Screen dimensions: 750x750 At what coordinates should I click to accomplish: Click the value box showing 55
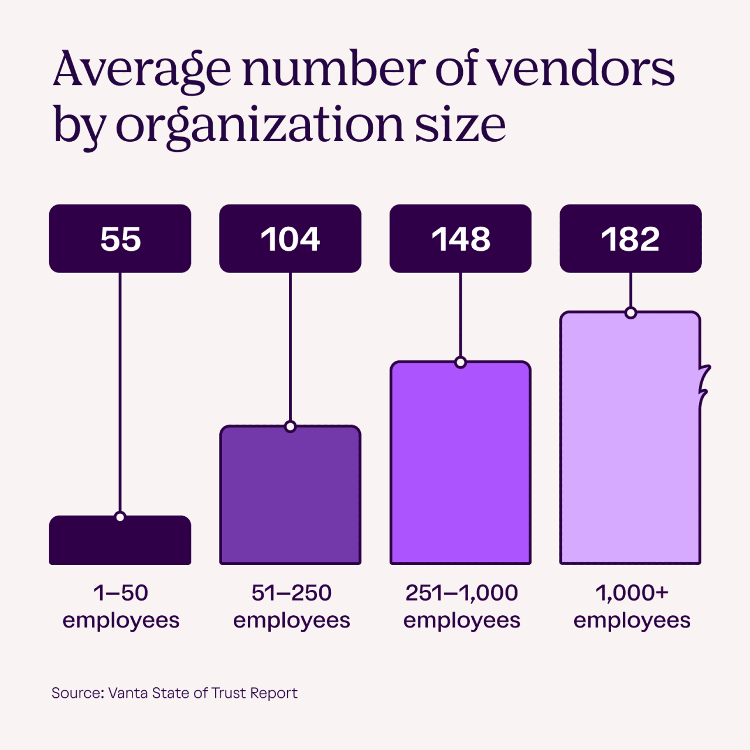[x=120, y=238]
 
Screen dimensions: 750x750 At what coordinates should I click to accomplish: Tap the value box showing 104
[x=290, y=238]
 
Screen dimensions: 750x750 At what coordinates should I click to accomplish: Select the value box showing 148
[x=461, y=238]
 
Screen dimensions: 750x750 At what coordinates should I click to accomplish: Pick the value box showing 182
[x=630, y=238]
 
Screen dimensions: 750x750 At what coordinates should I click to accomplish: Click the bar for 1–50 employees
[x=120, y=542]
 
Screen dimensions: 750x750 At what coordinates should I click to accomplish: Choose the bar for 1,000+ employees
[x=630, y=439]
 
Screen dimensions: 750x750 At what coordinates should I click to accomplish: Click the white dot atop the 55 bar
[x=120, y=517]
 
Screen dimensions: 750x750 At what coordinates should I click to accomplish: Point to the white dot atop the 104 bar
[x=290, y=427]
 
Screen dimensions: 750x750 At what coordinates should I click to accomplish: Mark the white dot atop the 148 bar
[x=461, y=363]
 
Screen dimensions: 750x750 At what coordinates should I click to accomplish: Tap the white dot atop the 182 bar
[x=630, y=313]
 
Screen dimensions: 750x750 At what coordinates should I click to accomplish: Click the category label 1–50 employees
[x=121, y=606]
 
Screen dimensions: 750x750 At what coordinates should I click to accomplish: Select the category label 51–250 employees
[x=291, y=606]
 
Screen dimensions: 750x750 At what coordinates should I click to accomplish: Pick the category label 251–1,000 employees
[x=462, y=606]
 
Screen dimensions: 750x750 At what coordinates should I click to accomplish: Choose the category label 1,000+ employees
[x=632, y=606]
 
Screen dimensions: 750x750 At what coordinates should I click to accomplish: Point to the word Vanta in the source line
[x=128, y=693]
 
